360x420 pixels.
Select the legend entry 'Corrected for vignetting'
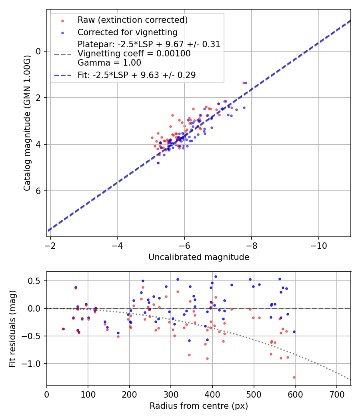128,32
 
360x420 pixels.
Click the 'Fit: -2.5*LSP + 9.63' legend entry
136,75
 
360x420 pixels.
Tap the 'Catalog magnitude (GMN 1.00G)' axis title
27,123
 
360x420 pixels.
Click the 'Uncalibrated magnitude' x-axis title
199,257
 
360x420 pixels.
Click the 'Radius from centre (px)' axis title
199,406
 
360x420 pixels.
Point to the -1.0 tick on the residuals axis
34,364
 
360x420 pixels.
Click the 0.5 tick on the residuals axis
36,281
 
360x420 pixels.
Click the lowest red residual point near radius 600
294,377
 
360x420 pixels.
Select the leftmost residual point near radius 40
63,329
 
